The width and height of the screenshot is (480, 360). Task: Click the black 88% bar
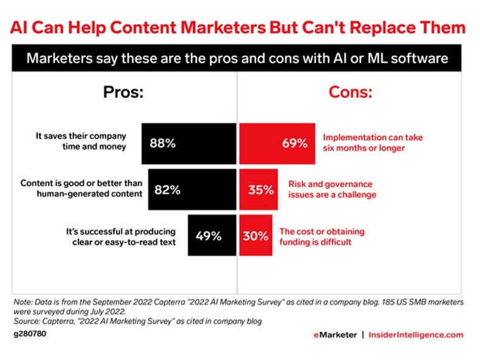[x=188, y=143]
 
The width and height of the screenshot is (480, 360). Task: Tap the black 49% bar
[x=211, y=236]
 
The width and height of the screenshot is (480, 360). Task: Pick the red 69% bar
[x=277, y=143]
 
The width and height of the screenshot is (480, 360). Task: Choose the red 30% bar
[x=255, y=236]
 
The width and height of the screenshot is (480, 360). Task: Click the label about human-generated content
[x=81, y=189]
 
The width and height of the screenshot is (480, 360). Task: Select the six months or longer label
[x=372, y=143]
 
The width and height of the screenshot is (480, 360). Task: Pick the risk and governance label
[x=331, y=189]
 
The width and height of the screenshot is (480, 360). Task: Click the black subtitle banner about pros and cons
[x=239, y=59]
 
